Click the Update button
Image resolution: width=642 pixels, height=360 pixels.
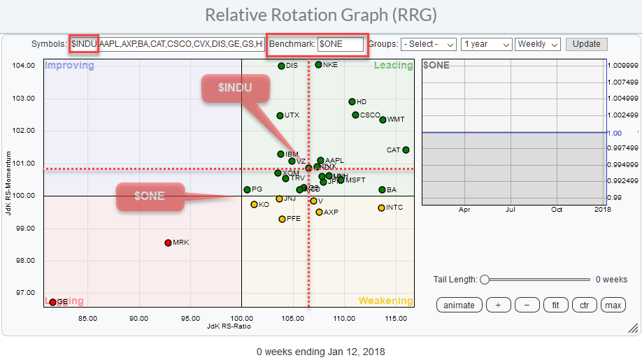tap(586, 43)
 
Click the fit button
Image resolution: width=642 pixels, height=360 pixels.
tap(555, 305)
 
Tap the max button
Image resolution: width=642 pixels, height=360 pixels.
tap(613, 305)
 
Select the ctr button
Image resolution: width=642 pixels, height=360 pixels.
tap(584, 305)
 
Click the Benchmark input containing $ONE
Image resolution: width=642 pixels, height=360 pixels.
tap(341, 44)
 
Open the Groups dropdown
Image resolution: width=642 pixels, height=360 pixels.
tap(428, 44)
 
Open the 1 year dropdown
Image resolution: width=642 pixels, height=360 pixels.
tap(486, 44)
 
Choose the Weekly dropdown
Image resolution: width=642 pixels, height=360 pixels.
tap(537, 44)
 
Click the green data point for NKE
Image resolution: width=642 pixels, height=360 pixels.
tap(318, 65)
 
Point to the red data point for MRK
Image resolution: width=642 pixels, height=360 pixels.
tap(168, 243)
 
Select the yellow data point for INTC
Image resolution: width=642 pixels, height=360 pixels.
tap(381, 208)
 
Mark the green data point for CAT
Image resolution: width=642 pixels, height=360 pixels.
tap(406, 150)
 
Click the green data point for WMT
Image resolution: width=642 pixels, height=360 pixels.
tap(383, 120)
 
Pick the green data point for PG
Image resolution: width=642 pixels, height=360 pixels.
tap(247, 189)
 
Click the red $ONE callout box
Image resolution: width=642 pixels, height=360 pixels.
tap(150, 196)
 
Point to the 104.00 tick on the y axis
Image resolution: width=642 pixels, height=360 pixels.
tap(23, 66)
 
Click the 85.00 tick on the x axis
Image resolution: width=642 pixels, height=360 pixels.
tap(87, 319)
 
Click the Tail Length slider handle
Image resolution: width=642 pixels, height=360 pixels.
tap(484, 280)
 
